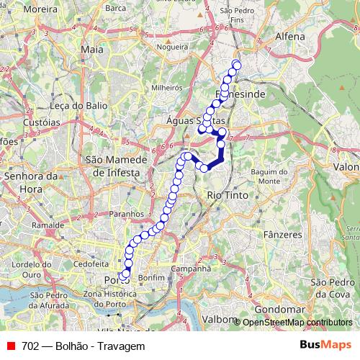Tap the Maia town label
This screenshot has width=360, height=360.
click(x=93, y=49)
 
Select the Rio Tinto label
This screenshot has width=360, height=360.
click(x=227, y=195)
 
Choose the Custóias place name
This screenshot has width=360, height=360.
click(x=41, y=123)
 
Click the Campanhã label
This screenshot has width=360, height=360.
click(x=191, y=269)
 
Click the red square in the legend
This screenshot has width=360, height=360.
click(x=9, y=346)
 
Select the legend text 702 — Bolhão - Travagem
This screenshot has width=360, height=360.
click(x=84, y=346)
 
